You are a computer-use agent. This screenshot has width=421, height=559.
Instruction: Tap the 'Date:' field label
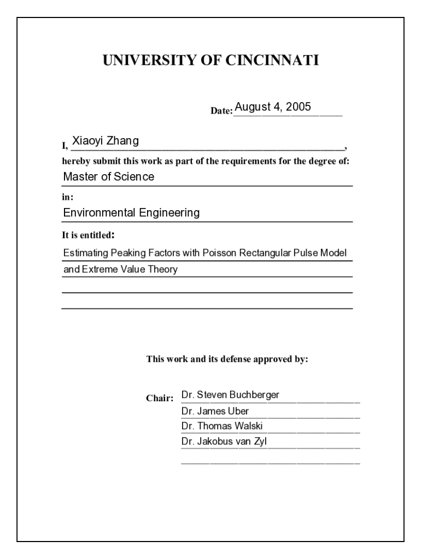222,111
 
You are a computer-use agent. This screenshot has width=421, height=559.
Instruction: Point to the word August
253,107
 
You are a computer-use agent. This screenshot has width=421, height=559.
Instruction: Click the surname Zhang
124,141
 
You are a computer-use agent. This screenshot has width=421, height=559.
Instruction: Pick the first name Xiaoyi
89,141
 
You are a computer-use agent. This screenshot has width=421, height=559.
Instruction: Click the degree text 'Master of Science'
109,177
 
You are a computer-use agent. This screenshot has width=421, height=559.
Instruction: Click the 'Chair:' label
160,398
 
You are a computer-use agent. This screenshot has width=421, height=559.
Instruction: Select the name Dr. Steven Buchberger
230,395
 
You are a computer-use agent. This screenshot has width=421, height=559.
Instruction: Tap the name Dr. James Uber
215,411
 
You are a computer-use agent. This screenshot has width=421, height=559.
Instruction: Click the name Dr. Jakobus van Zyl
224,442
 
